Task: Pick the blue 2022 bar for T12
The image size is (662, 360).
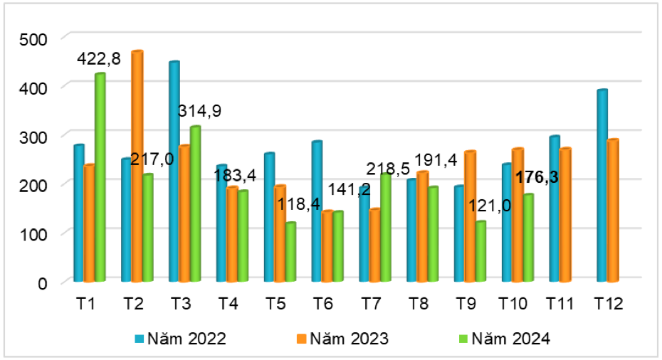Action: (x=601, y=185)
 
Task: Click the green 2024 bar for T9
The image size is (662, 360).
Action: (x=481, y=252)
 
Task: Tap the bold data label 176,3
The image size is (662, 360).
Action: (x=536, y=177)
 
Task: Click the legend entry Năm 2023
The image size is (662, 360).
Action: (x=349, y=339)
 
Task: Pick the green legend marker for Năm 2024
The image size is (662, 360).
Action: (x=465, y=339)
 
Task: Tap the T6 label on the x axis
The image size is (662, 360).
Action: (x=322, y=304)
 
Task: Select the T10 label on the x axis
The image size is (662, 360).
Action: (x=513, y=304)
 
